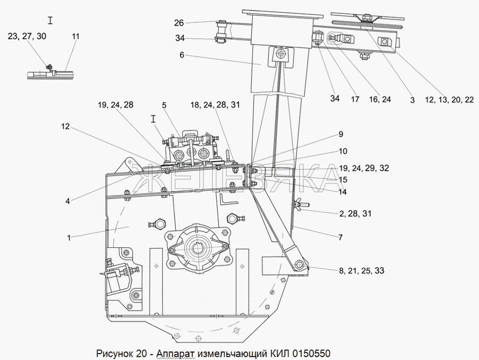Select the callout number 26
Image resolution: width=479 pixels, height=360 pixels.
tap(179, 23)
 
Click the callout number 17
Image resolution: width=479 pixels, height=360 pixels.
tap(355, 99)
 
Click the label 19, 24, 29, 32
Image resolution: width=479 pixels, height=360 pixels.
tap(364, 168)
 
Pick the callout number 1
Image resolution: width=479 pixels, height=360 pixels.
tap(69, 238)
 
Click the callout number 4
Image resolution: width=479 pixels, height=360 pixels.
tap(68, 200)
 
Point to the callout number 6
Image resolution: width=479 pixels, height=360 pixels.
tap(181, 55)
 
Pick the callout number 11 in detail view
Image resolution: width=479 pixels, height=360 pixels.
tap(75, 36)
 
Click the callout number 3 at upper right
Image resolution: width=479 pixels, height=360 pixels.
tap(412, 99)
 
